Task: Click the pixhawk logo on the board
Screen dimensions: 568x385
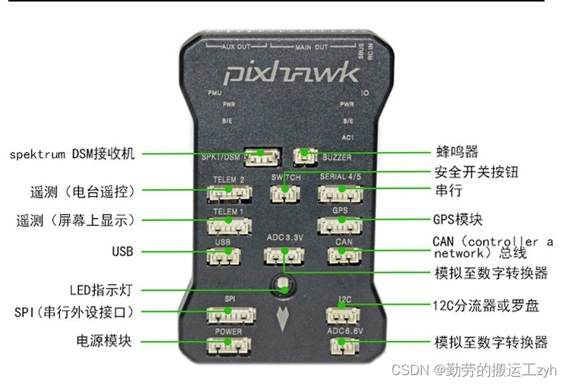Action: (290, 74)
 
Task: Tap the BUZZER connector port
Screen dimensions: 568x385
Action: (305, 156)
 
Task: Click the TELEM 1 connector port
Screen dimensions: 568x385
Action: (229, 226)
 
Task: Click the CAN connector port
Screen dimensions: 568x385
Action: (344, 255)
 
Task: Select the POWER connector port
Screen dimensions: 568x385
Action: (229, 346)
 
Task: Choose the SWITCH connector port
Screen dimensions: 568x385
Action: (284, 193)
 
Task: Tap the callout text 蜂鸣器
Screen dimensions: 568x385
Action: (456, 153)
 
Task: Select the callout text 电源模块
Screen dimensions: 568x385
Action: (103, 341)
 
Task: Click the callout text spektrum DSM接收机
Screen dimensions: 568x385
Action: (72, 154)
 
